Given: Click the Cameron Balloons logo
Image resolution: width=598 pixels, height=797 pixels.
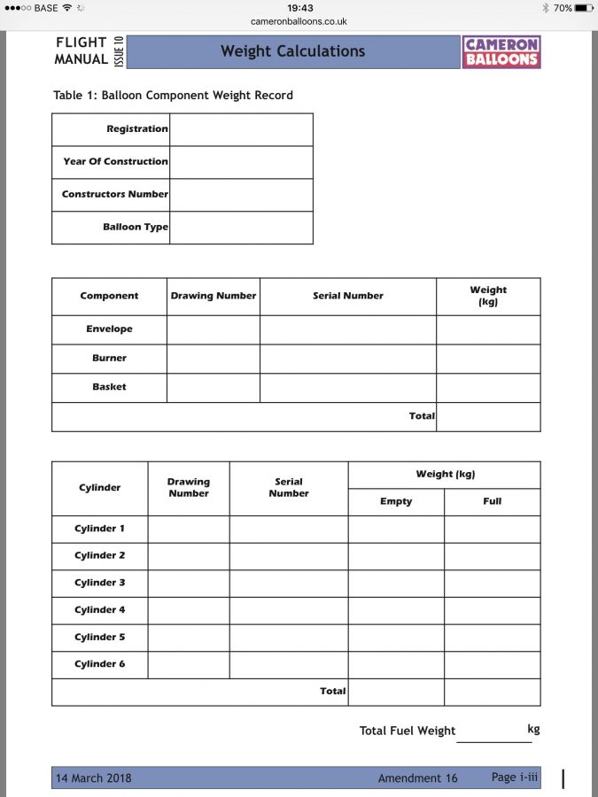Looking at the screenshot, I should coord(501,51).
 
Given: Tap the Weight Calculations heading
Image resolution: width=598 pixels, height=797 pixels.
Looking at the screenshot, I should coord(292,51).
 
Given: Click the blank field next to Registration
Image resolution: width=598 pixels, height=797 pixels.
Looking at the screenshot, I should coord(241,129).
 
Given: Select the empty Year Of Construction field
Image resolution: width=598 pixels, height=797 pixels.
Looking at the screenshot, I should coord(241,162).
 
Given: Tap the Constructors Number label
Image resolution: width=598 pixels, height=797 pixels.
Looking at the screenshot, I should coord(114,194).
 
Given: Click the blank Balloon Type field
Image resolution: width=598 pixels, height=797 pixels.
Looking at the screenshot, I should coord(241,228).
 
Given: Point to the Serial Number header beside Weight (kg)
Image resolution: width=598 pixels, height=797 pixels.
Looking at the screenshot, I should coord(348,296).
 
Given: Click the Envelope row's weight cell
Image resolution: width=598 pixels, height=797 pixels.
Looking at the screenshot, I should coord(488,329).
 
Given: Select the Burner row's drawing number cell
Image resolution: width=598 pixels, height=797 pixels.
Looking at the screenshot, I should coord(213,359).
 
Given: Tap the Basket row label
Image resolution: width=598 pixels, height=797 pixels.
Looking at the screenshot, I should coord(109,387).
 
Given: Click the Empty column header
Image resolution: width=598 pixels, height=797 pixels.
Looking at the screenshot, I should coord(396,501).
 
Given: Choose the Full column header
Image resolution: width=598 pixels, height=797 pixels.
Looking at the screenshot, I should coord(493,501).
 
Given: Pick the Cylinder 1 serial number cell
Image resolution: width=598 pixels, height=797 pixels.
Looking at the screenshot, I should coord(289,530).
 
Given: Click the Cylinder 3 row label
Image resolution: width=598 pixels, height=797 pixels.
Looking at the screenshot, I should coord(99,583).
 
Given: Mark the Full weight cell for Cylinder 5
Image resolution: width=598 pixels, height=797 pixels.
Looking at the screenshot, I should coord(493,638).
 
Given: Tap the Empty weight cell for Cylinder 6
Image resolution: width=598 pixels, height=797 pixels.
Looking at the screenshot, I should coord(396,665).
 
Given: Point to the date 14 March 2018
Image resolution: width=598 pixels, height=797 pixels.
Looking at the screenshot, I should coord(94,778).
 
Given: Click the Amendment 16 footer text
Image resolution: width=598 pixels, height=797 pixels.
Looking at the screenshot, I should coord(417,778).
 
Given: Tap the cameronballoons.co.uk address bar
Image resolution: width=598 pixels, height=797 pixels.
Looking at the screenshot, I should coord(299,21).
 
